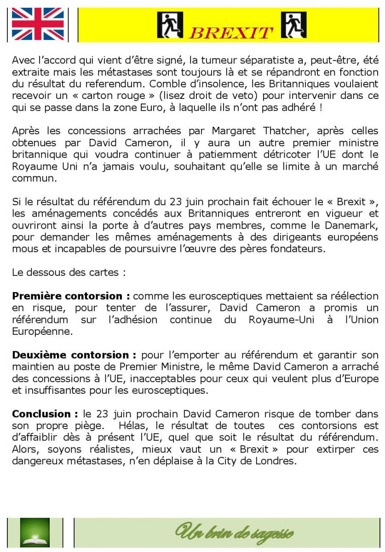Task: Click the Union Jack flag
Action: tap(38, 24)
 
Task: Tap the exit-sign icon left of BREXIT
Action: tap(170, 24)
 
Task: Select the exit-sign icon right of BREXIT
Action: tap(293, 24)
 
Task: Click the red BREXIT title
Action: tap(231, 33)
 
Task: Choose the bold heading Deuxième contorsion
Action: tap(74, 355)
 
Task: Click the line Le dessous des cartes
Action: tap(69, 272)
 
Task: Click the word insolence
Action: tap(230, 84)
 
